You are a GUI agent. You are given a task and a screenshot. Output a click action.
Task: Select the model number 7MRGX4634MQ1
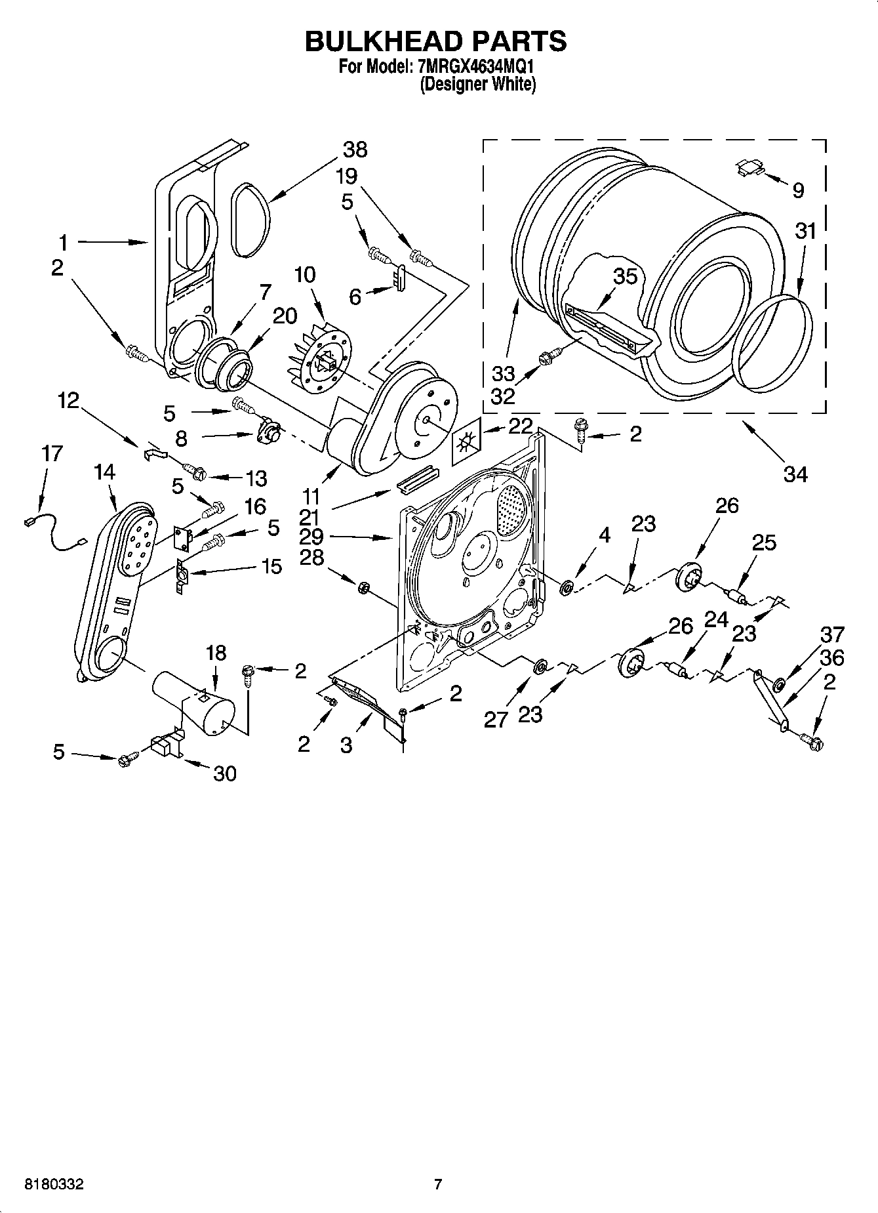(469, 67)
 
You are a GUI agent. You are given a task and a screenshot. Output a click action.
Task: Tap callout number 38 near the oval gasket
(355, 150)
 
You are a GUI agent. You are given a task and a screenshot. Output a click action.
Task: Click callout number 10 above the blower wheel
(304, 274)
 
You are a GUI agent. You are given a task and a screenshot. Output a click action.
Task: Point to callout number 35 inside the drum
(625, 276)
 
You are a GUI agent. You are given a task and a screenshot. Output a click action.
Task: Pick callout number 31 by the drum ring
(806, 231)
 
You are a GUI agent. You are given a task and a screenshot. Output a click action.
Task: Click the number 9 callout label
(797, 190)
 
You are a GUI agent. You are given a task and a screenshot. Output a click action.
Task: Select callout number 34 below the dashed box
(795, 473)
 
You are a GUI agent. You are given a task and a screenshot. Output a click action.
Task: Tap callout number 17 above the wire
(52, 453)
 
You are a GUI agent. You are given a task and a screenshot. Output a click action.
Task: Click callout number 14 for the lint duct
(104, 472)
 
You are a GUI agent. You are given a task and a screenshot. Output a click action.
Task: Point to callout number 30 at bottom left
(224, 773)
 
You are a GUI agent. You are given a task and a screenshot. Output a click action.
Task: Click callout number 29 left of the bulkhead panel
(311, 537)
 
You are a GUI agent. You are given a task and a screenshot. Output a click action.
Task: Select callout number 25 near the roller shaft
(764, 543)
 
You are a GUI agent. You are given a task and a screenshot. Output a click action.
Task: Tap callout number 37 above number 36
(833, 634)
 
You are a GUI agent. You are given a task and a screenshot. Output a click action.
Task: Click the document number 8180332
(54, 1185)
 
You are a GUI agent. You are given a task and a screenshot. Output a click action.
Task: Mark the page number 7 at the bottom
(438, 1185)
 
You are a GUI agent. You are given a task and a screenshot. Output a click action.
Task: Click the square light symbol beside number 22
(466, 444)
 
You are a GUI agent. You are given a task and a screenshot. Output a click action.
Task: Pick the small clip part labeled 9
(748, 167)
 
